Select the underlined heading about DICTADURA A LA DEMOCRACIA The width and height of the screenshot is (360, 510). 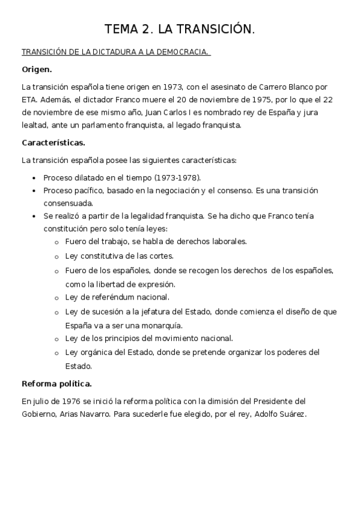pyautogui.click(x=115, y=52)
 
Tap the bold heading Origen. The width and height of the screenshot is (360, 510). pyautogui.click(x=37, y=69)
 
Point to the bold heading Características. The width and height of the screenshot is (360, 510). pyautogui.click(x=53, y=143)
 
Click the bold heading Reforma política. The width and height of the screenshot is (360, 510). pyautogui.click(x=56, y=383)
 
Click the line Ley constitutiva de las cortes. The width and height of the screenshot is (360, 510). pyautogui.click(x=118, y=255)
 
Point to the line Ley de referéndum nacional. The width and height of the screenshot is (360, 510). pyautogui.click(x=117, y=296)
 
